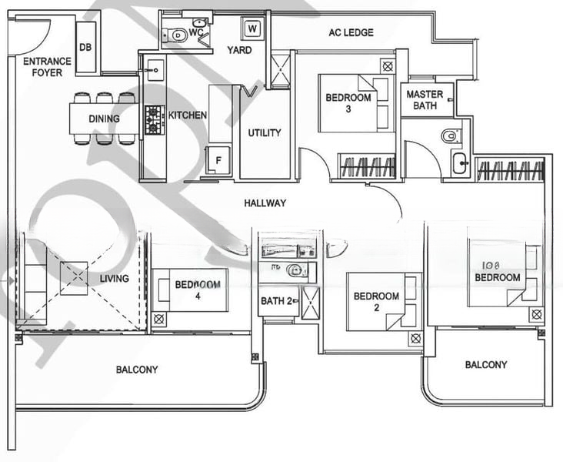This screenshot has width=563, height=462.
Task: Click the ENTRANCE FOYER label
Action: pos(47,66)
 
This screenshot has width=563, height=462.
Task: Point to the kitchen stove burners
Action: pos(155,119)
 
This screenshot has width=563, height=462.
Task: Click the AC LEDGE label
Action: pos(351,32)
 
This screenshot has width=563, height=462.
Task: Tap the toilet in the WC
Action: pos(178,35)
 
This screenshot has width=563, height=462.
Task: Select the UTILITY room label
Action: pos(264,132)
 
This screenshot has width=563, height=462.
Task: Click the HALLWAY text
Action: pos(265,203)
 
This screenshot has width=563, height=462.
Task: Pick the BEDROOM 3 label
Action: pos(348,103)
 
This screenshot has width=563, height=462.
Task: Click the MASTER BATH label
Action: pos(425,99)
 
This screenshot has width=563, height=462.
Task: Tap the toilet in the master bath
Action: pos(451,136)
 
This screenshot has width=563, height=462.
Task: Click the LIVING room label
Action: pos(114,278)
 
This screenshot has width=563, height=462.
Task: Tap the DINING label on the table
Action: pos(104,119)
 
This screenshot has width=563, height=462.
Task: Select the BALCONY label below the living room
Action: pos(137,370)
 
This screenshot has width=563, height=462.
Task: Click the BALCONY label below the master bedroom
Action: pos(485,364)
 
